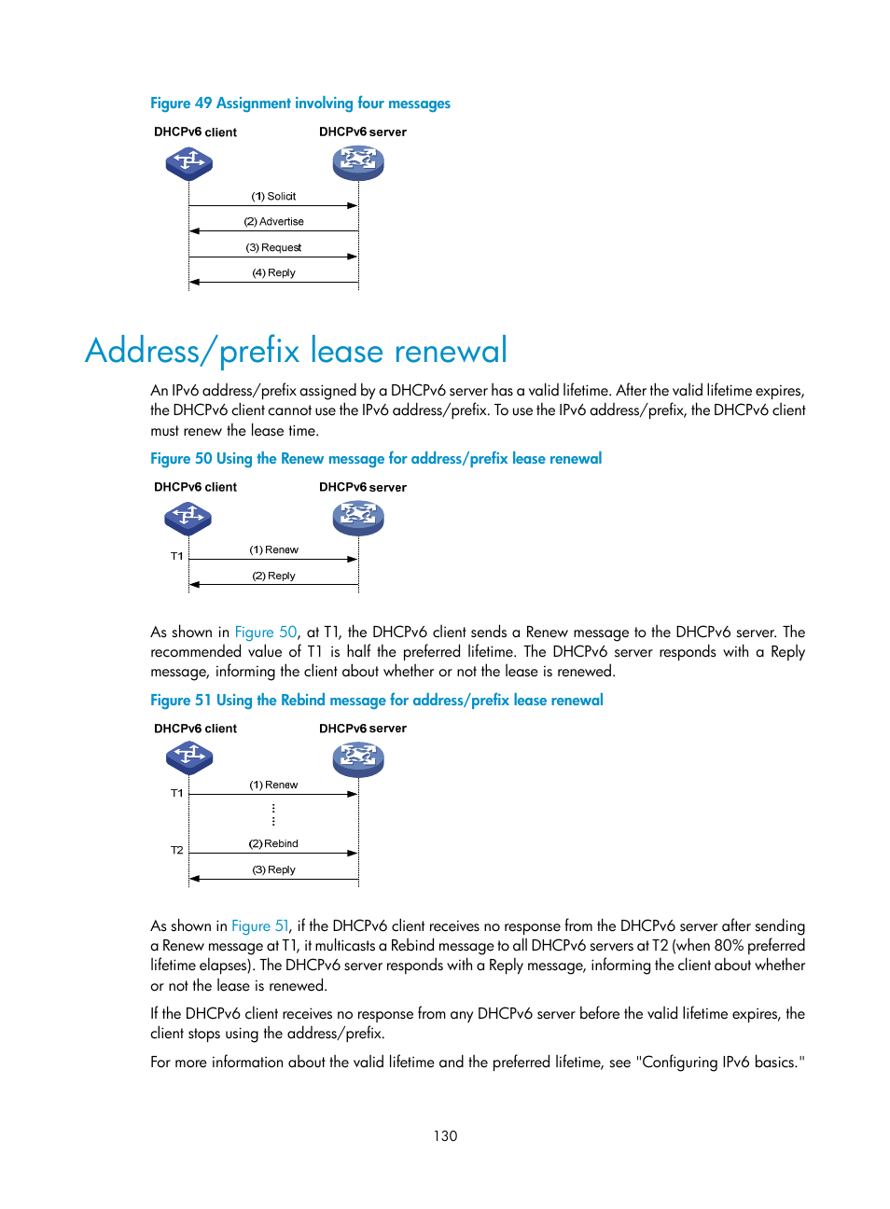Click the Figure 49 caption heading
coord(299,104)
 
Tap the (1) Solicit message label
coord(273,197)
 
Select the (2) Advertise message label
coord(273,222)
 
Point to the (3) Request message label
coord(273,248)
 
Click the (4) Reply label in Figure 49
coord(273,273)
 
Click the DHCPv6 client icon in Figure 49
coord(189,164)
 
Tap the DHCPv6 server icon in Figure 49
coord(358,163)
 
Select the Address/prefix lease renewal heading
coord(296,351)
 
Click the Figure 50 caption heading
coord(375,459)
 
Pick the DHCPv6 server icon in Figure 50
coord(358,518)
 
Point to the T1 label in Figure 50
coord(176,557)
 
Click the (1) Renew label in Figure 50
coord(273,550)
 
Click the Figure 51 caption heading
coord(376,701)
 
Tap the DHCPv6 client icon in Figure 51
coord(189,757)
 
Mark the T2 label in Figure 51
coord(176,851)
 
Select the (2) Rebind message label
coord(273,844)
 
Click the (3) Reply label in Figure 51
coord(273,870)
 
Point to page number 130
coord(445,1136)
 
